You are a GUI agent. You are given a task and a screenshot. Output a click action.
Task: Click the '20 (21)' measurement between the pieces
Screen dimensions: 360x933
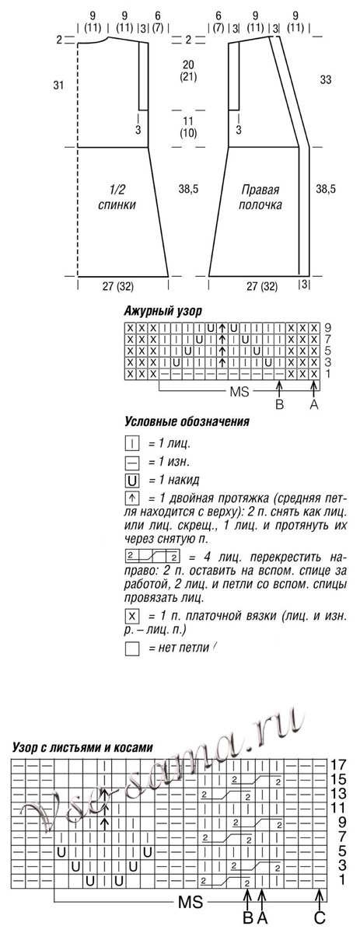pos(187,71)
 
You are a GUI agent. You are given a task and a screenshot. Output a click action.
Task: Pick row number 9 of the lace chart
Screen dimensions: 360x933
pos(327,327)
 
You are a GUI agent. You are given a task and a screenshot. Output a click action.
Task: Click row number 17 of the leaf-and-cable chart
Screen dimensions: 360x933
pos(337,764)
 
